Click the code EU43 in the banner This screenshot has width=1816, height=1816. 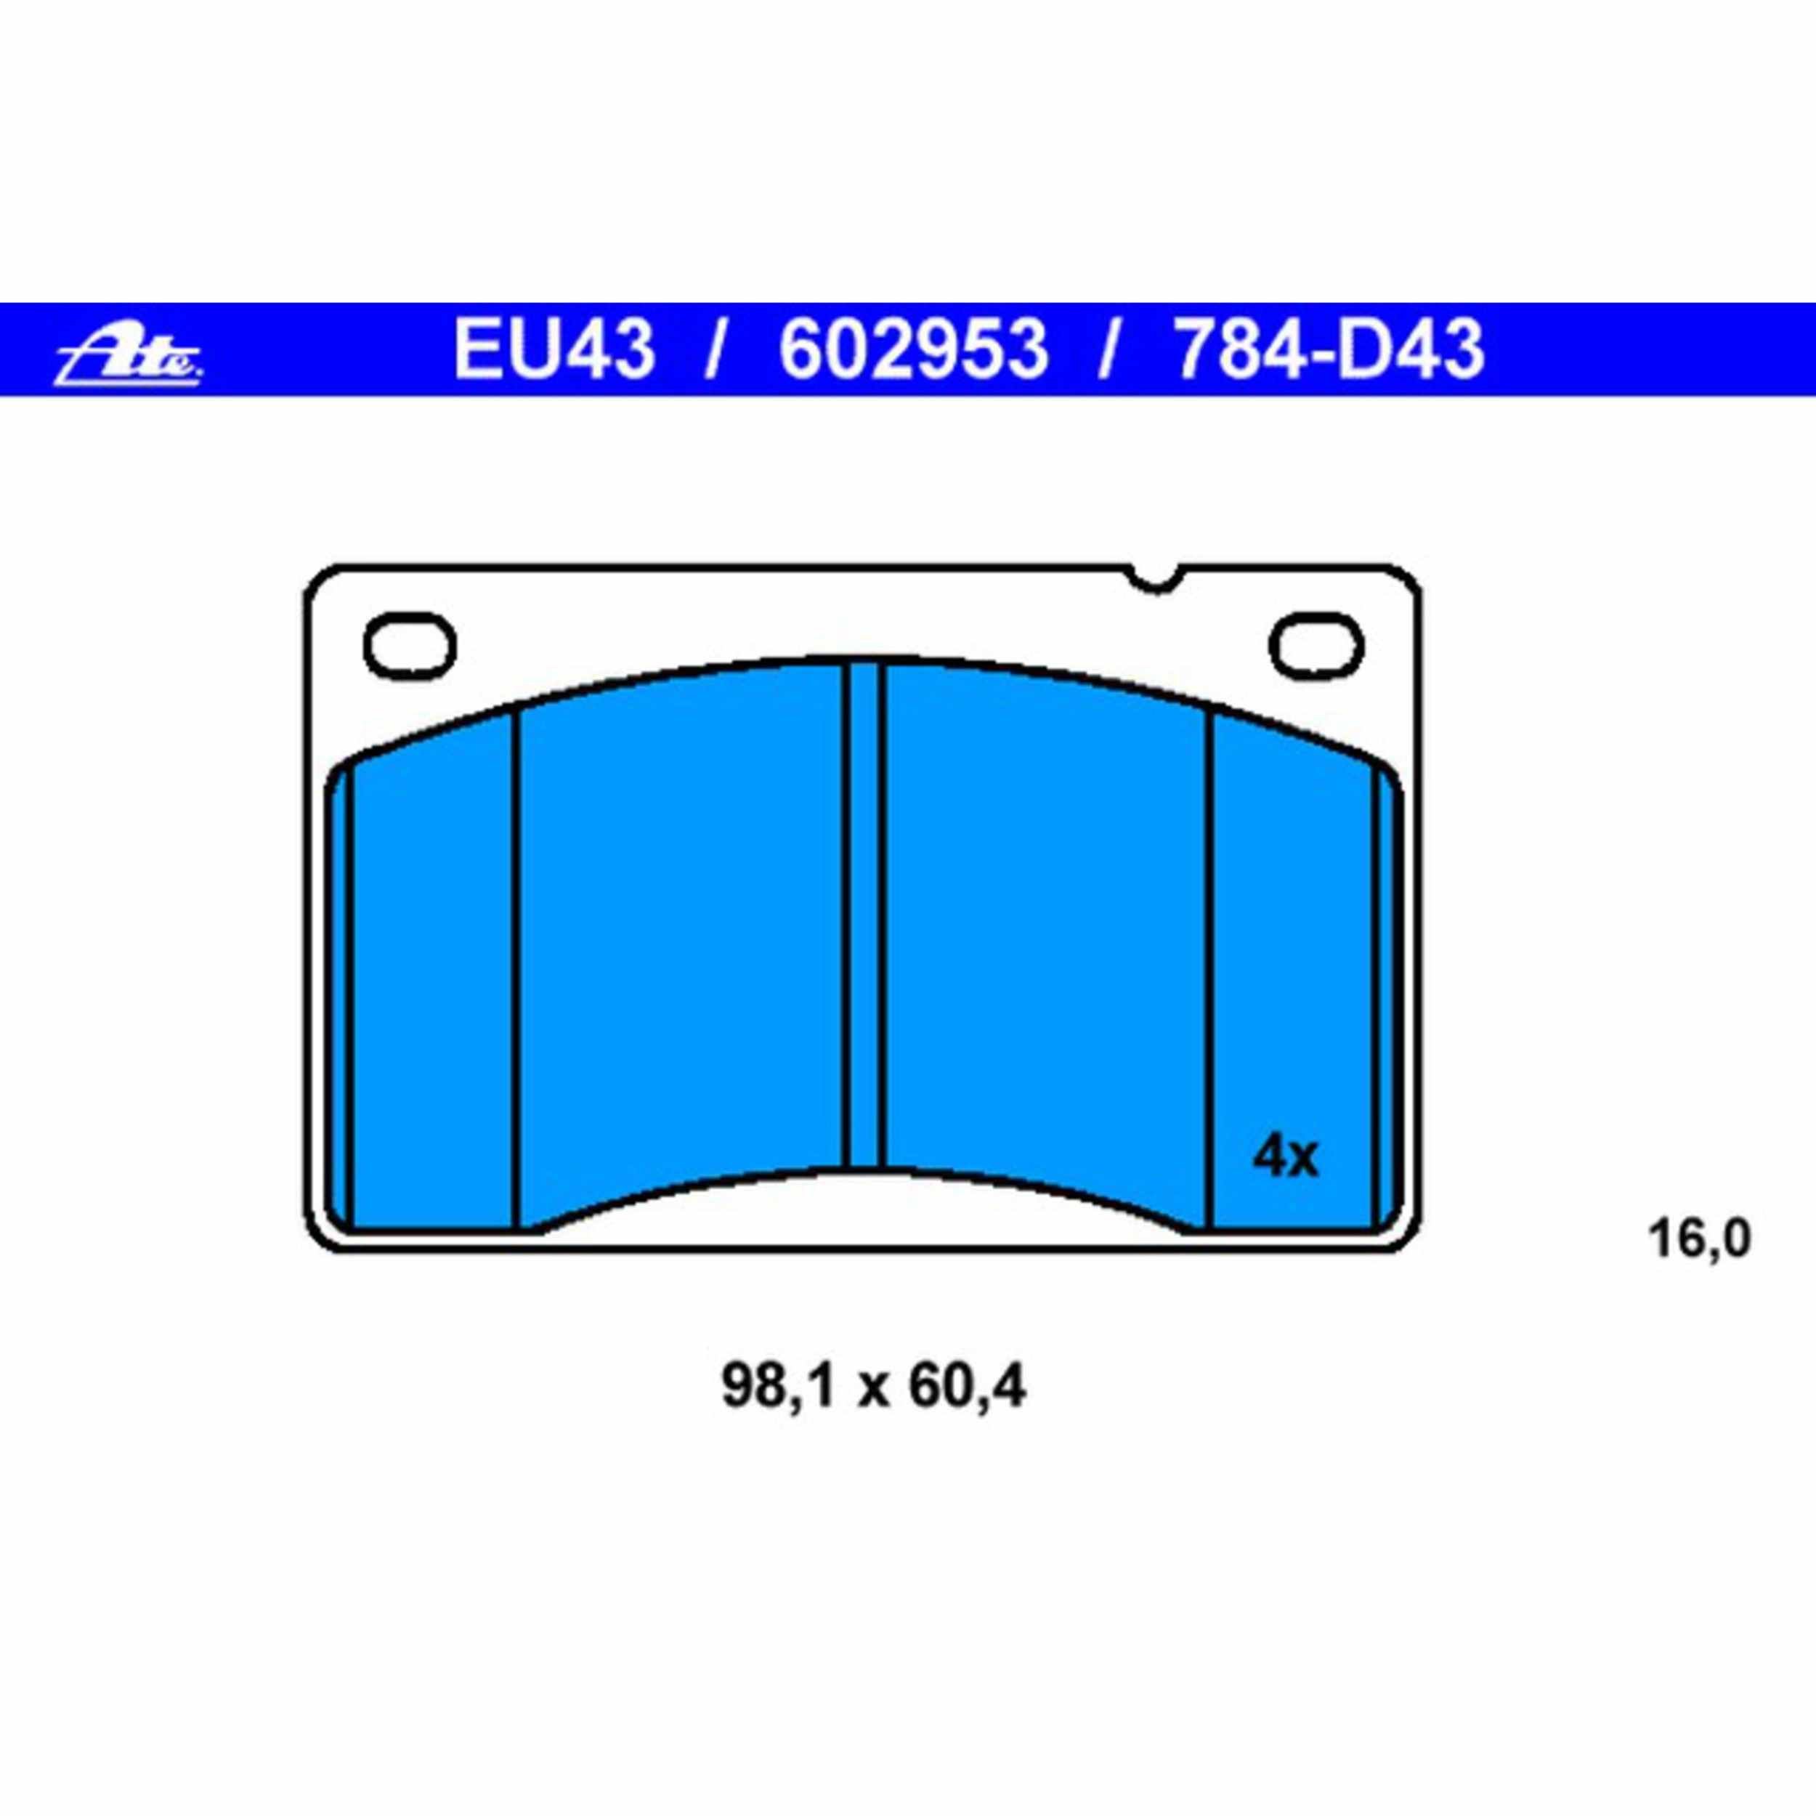(x=553, y=349)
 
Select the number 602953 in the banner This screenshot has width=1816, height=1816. (x=912, y=349)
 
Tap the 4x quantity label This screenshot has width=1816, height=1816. (x=1285, y=1158)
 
